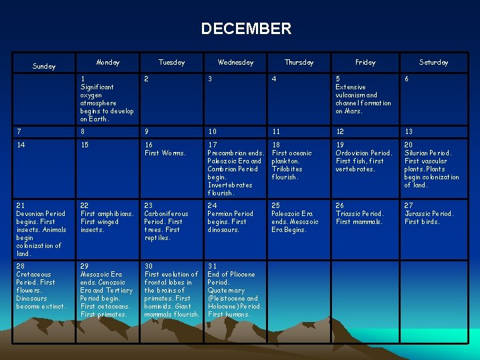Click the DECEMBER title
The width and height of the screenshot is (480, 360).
[x=246, y=29]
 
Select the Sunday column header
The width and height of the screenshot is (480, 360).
[x=44, y=66]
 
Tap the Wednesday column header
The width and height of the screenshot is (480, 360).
[x=235, y=62]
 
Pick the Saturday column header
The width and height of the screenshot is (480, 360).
[x=433, y=62]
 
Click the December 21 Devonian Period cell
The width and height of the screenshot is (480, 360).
[x=41, y=229]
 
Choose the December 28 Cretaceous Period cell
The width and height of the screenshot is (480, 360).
[x=41, y=290]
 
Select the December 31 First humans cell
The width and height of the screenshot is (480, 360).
[x=235, y=290]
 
